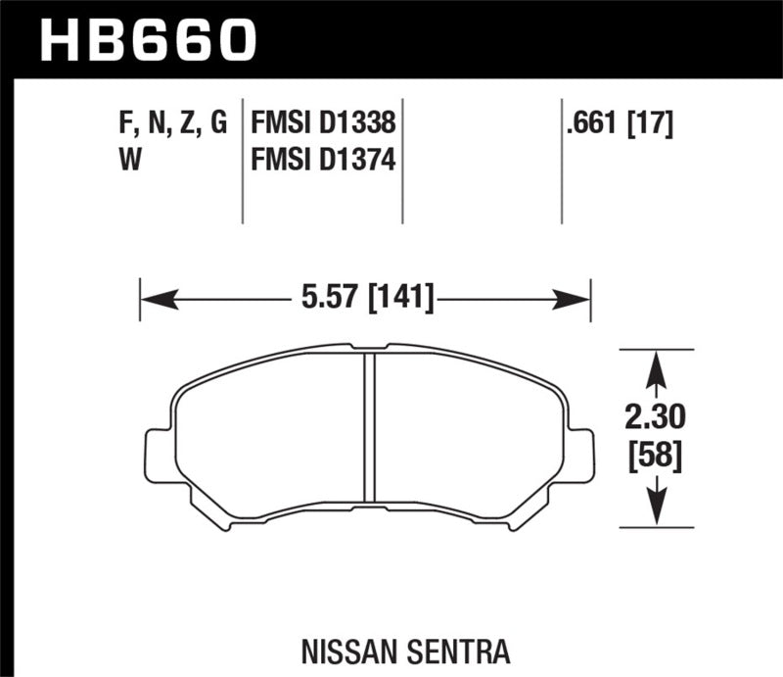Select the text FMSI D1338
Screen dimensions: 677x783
tap(323, 124)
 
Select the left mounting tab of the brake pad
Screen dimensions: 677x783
tap(157, 455)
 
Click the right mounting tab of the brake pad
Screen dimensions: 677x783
tap(581, 455)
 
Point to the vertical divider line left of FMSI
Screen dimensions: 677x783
tap(243, 162)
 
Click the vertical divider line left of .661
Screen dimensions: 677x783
tap(562, 162)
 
